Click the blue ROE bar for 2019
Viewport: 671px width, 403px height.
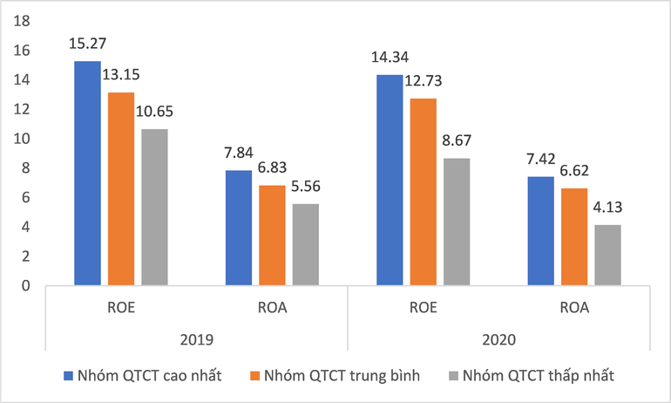click(87, 173)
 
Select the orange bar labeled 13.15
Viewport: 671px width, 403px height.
click(120, 188)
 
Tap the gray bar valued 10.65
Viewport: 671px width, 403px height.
click(154, 207)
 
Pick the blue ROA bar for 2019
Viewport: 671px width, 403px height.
click(238, 228)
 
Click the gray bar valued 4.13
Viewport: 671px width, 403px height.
click(607, 255)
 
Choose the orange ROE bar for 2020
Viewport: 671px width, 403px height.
click(424, 192)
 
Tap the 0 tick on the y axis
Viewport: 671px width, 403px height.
click(25, 285)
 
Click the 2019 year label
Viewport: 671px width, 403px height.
click(196, 336)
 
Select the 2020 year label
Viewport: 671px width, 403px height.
click(498, 336)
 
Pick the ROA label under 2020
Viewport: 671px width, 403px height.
click(574, 308)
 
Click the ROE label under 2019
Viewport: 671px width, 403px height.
click(121, 308)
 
